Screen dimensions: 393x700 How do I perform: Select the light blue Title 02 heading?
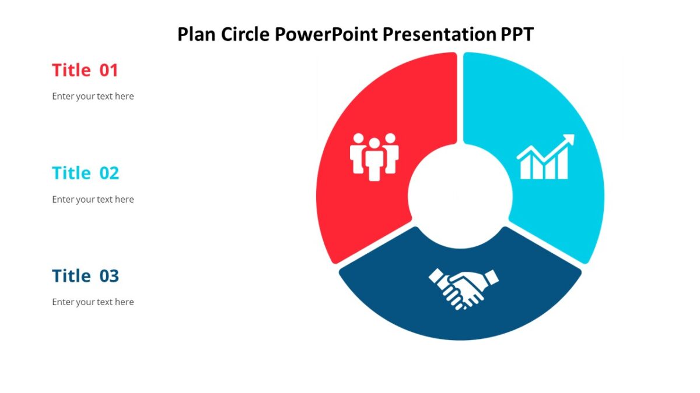coord(85,173)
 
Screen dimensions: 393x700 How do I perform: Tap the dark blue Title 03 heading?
coord(85,276)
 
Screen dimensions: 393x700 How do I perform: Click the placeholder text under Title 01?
coord(93,97)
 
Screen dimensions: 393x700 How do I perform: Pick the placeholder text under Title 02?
coord(93,199)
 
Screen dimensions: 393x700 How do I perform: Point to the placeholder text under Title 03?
coord(93,302)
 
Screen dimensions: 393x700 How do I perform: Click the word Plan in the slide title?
coord(197,34)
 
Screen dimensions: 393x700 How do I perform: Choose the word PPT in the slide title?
coord(517,34)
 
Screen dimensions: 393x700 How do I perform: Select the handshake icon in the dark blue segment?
coord(464,288)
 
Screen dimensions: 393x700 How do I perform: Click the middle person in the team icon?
coord(374,160)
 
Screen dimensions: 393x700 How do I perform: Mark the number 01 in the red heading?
coord(109,70)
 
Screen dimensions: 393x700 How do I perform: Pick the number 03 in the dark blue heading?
coord(109,276)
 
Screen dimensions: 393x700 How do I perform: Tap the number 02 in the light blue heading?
coord(109,173)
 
